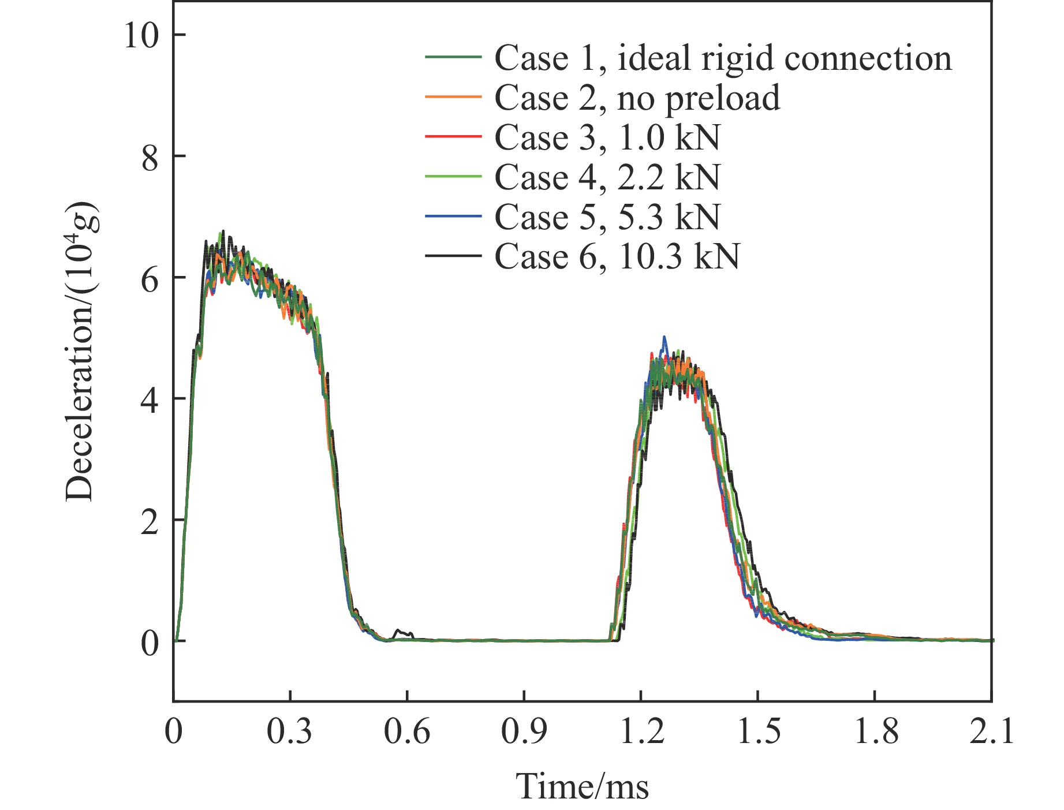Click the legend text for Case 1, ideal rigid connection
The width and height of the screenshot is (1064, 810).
click(723, 58)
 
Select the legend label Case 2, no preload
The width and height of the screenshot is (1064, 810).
click(637, 98)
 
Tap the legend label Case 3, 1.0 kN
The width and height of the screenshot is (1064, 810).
click(607, 137)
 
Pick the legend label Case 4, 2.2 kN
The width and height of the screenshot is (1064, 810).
click(607, 177)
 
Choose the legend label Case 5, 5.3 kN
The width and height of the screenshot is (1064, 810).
click(607, 217)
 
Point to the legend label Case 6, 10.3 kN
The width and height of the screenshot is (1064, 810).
click(617, 256)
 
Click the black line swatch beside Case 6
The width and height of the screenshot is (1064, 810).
click(453, 255)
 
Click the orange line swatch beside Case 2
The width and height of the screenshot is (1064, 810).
click(453, 97)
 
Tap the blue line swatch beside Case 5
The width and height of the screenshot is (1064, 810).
click(453, 216)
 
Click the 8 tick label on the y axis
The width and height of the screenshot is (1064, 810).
click(150, 156)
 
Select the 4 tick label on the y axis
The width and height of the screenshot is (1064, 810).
click(150, 400)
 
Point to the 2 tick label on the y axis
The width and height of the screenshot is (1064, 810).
click(150, 521)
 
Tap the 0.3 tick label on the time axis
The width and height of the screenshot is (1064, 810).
click(290, 732)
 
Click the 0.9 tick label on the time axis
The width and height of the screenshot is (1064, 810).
click(524, 732)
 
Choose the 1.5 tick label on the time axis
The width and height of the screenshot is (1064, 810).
click(757, 732)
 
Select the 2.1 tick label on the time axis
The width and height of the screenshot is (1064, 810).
click(991, 732)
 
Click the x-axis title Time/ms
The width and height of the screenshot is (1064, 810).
click(582, 786)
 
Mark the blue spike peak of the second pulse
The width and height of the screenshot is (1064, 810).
click(664, 337)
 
